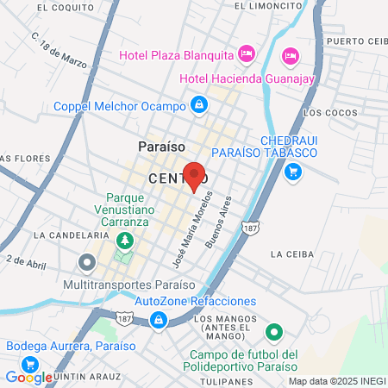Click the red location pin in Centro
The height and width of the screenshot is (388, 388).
(x=194, y=175)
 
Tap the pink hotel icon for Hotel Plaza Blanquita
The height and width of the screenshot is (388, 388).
(x=246, y=54)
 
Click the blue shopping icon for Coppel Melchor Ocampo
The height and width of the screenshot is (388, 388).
(x=199, y=105)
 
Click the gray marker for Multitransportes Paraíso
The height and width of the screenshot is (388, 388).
(x=85, y=261)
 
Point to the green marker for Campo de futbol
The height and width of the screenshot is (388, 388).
(x=274, y=331)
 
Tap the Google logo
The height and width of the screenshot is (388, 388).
(x=28, y=377)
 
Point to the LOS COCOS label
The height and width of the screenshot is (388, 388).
(x=329, y=112)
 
